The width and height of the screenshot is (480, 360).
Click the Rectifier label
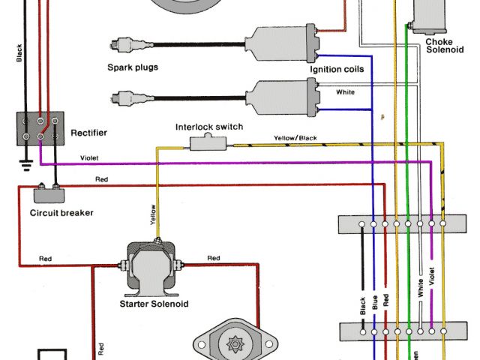[88, 133]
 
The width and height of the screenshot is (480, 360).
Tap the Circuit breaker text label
[61, 213]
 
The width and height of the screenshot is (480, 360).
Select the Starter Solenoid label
[154, 304]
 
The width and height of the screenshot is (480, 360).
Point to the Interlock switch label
[209, 127]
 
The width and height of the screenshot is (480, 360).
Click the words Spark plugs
[132, 67]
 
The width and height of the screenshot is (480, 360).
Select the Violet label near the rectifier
[89, 158]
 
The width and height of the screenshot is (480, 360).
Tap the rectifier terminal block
[40, 127]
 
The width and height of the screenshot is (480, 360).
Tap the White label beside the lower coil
[346, 93]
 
